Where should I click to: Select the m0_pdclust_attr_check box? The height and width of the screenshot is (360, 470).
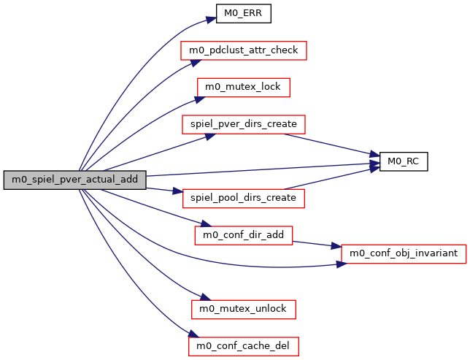(x=244, y=50)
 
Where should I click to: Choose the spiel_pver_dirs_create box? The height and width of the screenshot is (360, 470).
(x=244, y=124)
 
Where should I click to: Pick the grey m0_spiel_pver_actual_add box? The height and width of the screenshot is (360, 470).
(x=75, y=179)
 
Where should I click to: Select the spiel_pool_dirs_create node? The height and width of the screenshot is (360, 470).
(x=243, y=198)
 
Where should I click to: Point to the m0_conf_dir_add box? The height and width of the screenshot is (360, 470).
(x=244, y=235)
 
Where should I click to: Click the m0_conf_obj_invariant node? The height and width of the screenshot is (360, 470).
(x=404, y=253)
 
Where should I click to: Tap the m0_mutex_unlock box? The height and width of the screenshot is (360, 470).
(x=244, y=309)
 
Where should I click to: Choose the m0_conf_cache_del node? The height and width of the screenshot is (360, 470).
(x=244, y=345)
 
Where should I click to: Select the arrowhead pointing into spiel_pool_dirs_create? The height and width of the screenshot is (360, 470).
(x=177, y=193)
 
